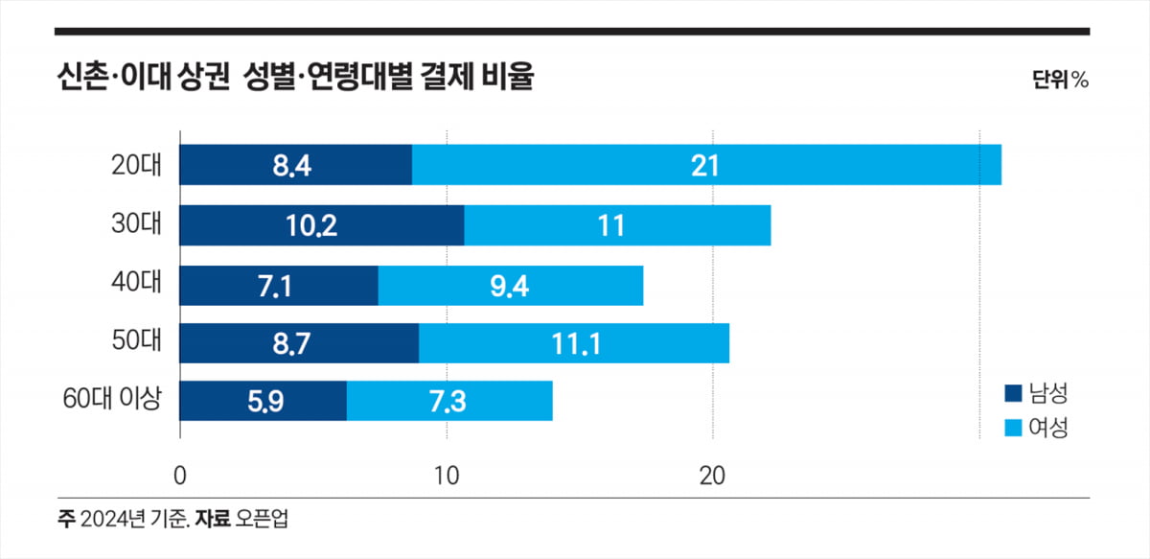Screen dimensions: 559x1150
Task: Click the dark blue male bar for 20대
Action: (x=295, y=165)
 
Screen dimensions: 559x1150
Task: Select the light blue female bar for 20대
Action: (x=706, y=165)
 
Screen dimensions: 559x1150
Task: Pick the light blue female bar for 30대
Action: (x=617, y=225)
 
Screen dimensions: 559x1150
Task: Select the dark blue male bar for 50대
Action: (x=299, y=343)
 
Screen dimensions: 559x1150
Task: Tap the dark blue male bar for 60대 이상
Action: (x=263, y=401)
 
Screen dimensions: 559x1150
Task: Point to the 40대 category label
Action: (x=137, y=284)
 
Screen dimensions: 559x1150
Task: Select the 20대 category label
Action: (x=137, y=165)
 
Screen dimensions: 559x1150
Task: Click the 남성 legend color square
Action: (x=1013, y=393)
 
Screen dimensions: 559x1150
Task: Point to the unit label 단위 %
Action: (x=1060, y=81)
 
